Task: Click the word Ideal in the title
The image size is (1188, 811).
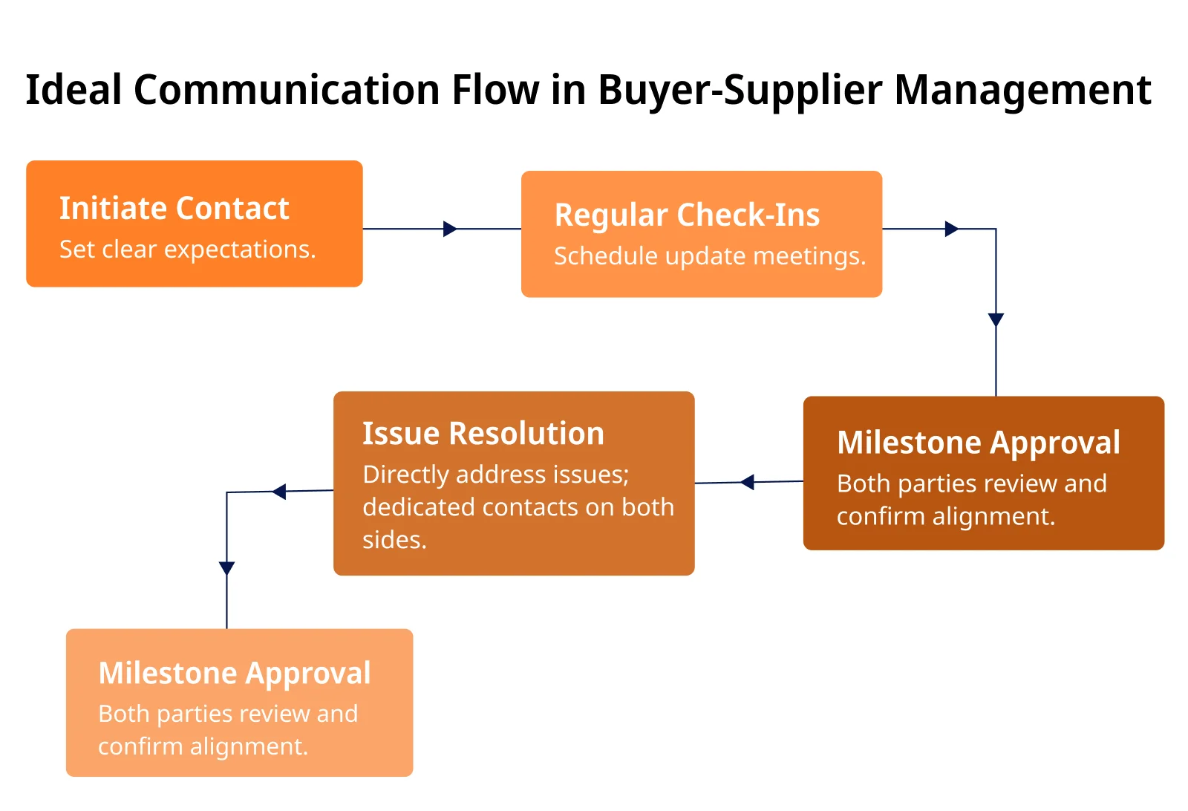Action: [x=74, y=89]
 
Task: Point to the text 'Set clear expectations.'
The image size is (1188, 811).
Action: [x=188, y=249]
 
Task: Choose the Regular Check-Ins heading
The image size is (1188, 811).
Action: [x=687, y=215]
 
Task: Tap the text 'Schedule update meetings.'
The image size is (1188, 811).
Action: [x=710, y=256]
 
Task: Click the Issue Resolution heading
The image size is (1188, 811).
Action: [x=483, y=433]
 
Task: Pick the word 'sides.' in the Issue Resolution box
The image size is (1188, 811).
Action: [x=394, y=540]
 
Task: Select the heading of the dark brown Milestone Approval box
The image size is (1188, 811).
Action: [x=979, y=443]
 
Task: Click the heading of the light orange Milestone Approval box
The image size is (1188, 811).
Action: [x=235, y=674]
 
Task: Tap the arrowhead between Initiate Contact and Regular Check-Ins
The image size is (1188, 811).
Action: [x=450, y=229]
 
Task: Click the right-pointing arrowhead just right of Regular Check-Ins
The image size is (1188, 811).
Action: [x=951, y=229]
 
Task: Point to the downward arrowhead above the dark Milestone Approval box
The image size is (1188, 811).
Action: [x=996, y=320]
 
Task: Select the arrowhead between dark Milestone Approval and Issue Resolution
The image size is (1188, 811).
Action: [x=747, y=482]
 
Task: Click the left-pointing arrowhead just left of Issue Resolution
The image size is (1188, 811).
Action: [x=279, y=492]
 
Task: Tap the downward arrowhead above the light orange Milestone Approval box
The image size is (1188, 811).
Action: [x=226, y=568]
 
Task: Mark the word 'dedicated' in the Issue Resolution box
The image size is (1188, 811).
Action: [x=418, y=507]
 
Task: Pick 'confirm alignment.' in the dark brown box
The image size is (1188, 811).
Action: [x=946, y=517]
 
